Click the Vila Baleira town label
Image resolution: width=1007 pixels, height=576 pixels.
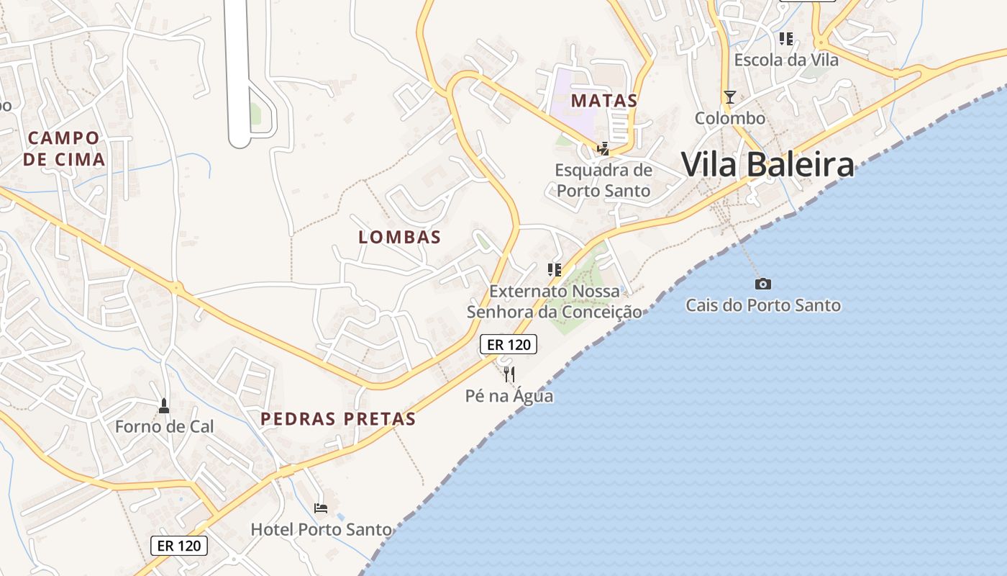point(767,164)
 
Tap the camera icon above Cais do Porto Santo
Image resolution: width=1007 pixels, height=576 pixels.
point(763,284)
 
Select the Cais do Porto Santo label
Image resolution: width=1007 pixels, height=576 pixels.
point(763,305)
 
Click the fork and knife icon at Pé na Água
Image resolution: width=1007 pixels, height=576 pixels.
point(509,374)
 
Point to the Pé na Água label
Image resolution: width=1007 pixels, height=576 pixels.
point(509,396)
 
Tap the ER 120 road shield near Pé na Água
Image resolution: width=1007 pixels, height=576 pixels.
point(509,344)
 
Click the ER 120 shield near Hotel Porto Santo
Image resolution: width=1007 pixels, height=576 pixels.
point(179,546)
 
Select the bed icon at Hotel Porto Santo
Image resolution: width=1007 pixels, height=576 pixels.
point(321,508)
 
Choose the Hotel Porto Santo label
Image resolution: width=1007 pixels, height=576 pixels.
point(321,530)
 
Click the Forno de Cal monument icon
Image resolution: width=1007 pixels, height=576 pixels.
point(164,406)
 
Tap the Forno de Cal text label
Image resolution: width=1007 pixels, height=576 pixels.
point(165,426)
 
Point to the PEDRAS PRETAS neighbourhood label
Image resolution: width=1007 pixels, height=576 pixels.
point(338,418)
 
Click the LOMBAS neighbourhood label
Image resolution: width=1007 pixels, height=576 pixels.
point(399,237)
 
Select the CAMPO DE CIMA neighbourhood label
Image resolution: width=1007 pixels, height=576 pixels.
point(64,148)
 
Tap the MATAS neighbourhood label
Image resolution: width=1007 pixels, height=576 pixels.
point(604,101)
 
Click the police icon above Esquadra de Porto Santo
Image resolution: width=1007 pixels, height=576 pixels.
point(603,149)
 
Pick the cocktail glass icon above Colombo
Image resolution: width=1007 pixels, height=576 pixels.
point(730,97)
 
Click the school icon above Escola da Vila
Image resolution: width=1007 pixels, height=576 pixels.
point(786,39)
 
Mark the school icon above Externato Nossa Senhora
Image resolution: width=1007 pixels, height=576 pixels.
point(554,270)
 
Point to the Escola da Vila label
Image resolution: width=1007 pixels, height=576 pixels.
point(786,60)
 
